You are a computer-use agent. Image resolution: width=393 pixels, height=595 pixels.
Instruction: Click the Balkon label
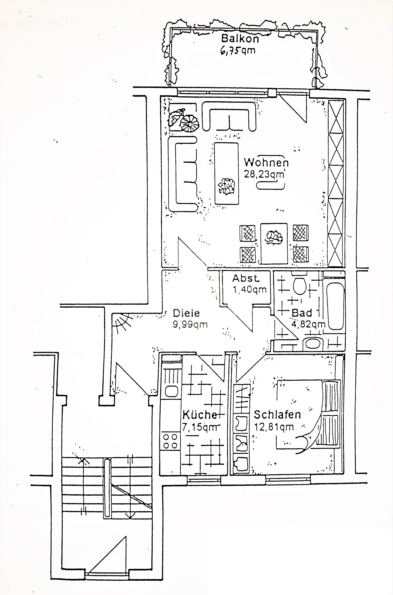(x=240, y=39)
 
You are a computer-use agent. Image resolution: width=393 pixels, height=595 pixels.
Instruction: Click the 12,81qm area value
(x=274, y=426)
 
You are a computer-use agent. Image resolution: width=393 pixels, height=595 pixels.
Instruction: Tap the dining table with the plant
(x=274, y=243)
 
